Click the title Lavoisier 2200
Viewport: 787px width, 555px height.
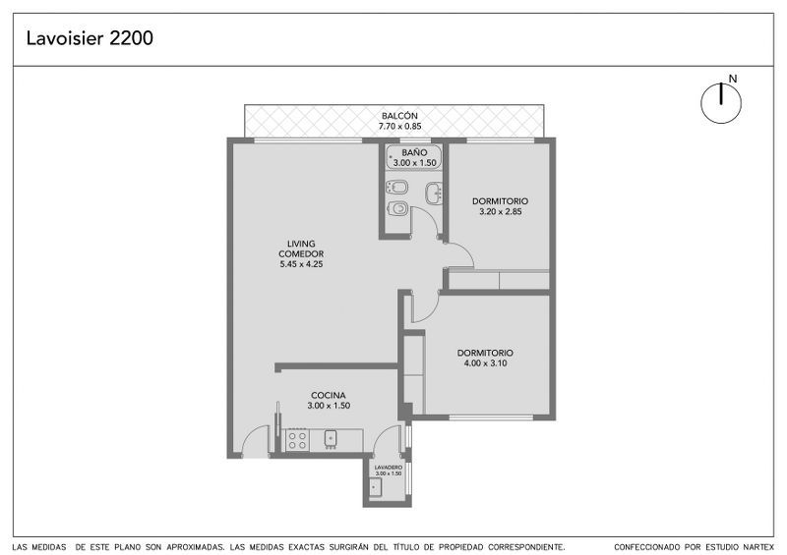(90, 38)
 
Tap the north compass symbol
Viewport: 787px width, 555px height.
(721, 103)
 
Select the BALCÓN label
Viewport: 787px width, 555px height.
(399, 116)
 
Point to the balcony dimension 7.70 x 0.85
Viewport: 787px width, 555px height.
(399, 127)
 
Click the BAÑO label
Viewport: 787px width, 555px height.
(414, 152)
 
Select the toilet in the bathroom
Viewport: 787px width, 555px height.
(397, 208)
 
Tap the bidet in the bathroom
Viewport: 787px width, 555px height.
(396, 188)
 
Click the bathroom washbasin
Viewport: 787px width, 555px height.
(434, 194)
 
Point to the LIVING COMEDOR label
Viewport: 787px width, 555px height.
(301, 249)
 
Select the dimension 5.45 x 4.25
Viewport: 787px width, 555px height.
(301, 264)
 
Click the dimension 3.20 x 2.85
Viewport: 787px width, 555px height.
(500, 211)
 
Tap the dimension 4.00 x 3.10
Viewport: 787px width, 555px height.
(485, 363)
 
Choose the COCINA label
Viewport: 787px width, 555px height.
(329, 395)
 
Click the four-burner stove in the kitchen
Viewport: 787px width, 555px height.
(297, 440)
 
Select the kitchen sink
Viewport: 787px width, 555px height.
(331, 438)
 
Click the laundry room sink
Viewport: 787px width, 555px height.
(376, 486)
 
